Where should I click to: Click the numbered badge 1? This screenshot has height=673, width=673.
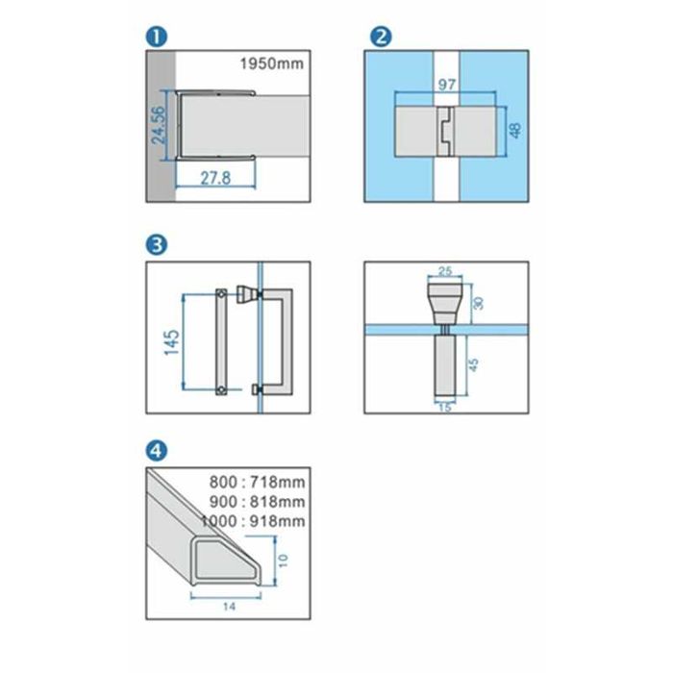click(156, 37)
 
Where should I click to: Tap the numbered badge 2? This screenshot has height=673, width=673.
click(381, 37)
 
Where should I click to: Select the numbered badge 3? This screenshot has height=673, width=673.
click(156, 245)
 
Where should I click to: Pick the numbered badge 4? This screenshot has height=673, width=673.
click(156, 451)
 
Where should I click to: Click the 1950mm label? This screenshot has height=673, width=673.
click(272, 64)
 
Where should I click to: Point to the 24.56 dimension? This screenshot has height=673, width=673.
click(158, 125)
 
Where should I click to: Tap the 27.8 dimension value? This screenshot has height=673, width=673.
click(215, 178)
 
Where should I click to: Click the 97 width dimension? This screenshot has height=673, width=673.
click(447, 85)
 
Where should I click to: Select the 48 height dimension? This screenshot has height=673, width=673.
click(515, 130)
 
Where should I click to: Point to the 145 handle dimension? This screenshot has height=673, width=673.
click(172, 342)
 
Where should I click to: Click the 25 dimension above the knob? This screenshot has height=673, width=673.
click(445, 271)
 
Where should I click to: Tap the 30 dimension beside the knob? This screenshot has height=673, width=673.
click(479, 303)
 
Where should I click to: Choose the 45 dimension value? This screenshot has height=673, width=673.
click(473, 364)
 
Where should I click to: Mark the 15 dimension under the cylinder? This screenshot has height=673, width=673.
click(445, 408)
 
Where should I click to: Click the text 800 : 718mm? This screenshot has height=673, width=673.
click(257, 482)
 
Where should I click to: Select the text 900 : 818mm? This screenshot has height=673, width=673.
click(257, 501)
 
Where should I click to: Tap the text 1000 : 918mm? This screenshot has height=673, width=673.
click(253, 521)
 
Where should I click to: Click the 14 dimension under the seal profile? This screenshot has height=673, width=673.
click(229, 607)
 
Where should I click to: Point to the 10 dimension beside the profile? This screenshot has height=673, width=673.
click(284, 561)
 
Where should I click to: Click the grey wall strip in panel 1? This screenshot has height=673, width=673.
click(161, 126)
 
